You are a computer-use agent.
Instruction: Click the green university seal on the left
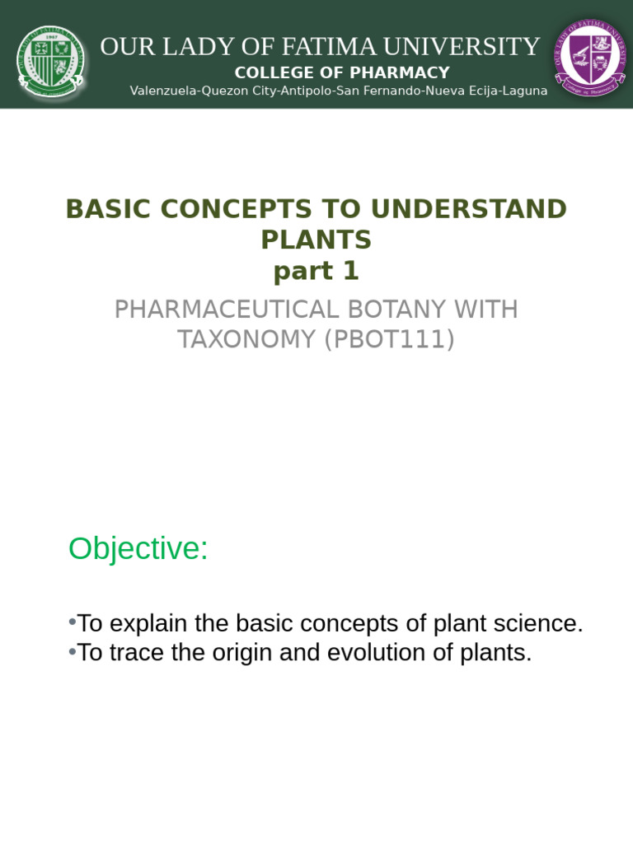click(51, 61)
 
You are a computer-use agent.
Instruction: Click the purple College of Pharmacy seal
click(589, 58)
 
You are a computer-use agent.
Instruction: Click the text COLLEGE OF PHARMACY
click(342, 72)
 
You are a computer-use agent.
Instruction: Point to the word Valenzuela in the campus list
click(164, 91)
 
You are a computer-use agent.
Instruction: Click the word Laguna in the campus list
click(523, 91)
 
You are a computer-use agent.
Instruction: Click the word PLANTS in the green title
click(316, 240)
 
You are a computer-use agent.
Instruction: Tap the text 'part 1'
click(316, 271)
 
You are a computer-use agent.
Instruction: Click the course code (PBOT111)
click(389, 339)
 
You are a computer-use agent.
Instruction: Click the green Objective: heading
click(138, 548)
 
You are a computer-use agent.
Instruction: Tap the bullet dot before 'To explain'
click(73, 622)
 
